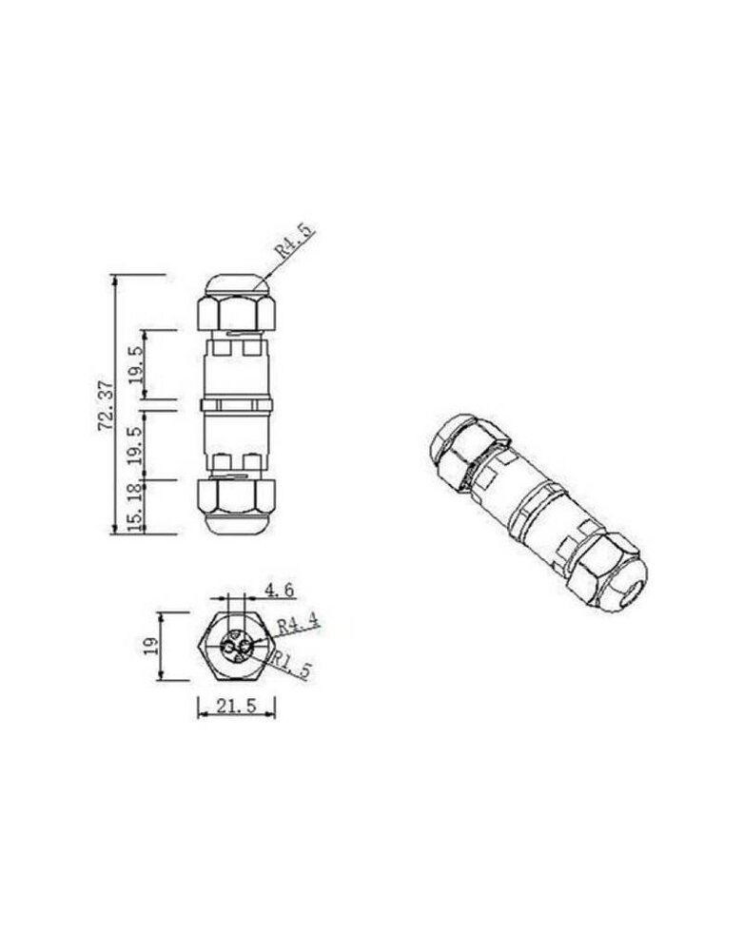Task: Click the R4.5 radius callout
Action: (293, 239)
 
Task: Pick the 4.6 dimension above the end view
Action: (279, 591)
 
